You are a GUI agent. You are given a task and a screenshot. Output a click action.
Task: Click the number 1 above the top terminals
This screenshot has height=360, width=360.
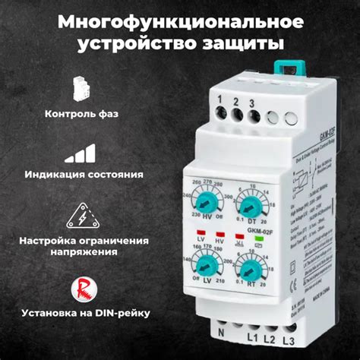(220, 99)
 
